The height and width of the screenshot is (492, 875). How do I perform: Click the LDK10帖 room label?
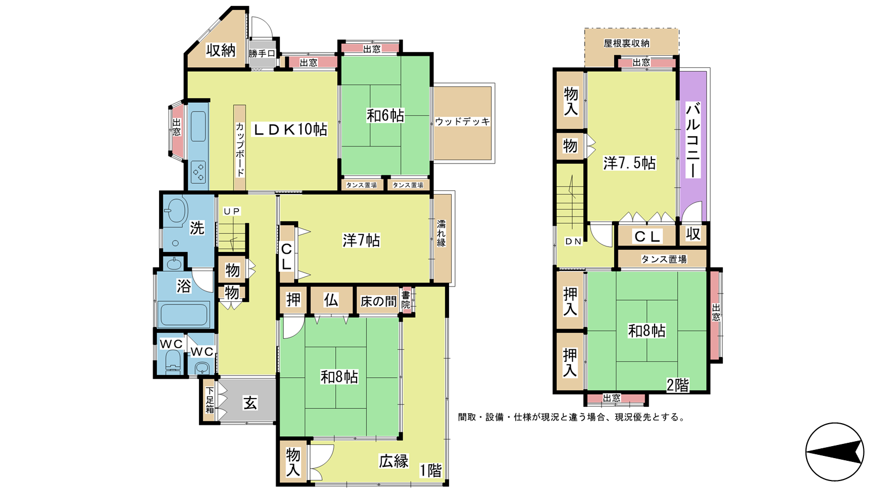click(290, 129)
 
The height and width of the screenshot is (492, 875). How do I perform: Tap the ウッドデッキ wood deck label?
click(463, 122)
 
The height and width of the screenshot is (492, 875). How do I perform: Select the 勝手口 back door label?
click(262, 54)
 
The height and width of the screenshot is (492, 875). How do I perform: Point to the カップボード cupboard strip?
click(240, 148)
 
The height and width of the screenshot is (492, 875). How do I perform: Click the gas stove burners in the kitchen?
click(199, 172)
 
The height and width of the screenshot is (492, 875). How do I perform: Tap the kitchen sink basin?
click(198, 126)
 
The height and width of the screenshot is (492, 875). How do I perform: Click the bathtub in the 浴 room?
click(184, 315)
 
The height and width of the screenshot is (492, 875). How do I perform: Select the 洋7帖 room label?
click(361, 241)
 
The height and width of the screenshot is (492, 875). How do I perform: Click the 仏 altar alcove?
click(331, 300)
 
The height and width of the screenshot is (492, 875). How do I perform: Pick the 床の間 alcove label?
click(378, 301)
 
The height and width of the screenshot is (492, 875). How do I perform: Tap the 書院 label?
click(406, 300)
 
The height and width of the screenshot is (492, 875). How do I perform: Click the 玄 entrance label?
click(250, 402)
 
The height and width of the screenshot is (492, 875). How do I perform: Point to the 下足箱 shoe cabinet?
click(209, 400)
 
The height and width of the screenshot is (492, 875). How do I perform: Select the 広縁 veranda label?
click(393, 461)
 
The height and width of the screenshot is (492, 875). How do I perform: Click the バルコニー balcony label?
click(693, 140)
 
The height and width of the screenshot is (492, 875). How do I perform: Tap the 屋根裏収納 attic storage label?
click(627, 43)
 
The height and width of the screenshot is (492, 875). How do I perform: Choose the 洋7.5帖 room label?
click(629, 163)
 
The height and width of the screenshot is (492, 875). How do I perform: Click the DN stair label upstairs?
click(574, 242)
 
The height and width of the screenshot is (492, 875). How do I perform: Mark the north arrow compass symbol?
click(835, 452)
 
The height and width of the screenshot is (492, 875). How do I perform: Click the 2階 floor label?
click(678, 385)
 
